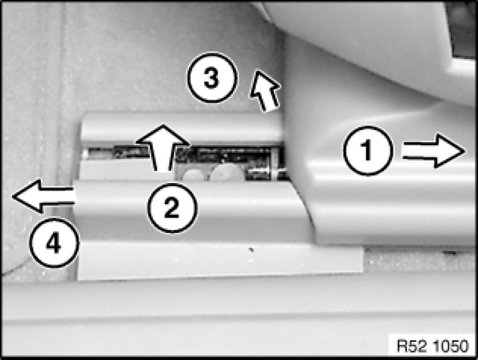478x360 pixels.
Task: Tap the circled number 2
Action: point(172,208)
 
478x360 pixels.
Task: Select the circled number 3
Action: point(212,78)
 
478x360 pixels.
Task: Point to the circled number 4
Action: point(54,243)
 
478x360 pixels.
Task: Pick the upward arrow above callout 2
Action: point(163,147)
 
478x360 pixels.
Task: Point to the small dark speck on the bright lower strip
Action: point(251,250)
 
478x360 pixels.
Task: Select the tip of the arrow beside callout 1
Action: point(466,151)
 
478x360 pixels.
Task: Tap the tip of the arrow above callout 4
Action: point(12,196)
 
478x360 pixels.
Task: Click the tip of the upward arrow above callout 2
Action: point(163,125)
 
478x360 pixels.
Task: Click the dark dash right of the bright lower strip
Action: point(450,253)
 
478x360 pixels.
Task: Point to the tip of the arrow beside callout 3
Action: point(256,71)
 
